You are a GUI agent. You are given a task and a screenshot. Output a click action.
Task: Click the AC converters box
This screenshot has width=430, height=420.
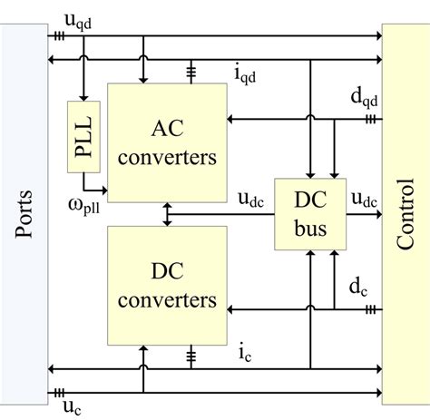(167, 142)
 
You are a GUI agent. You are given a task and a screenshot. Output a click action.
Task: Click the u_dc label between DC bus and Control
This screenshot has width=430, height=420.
(366, 200)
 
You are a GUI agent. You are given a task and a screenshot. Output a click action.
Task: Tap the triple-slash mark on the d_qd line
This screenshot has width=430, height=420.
(370, 119)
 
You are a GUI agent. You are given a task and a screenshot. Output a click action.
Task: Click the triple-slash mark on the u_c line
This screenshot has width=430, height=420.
(60, 393)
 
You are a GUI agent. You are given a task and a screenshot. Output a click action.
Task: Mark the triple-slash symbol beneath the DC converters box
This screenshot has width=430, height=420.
(191, 354)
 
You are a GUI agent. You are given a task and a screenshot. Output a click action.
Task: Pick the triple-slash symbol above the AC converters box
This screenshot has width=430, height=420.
(191, 71)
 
